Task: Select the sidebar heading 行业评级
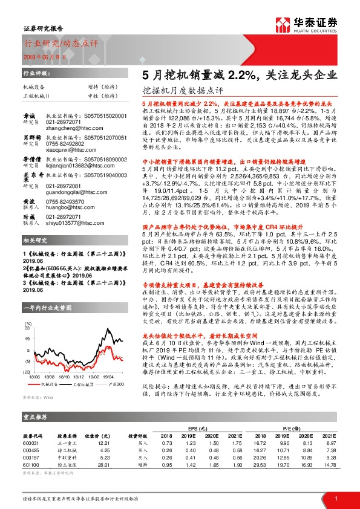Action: (35, 72)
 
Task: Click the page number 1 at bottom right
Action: (335, 498)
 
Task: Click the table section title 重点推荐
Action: (35, 417)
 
